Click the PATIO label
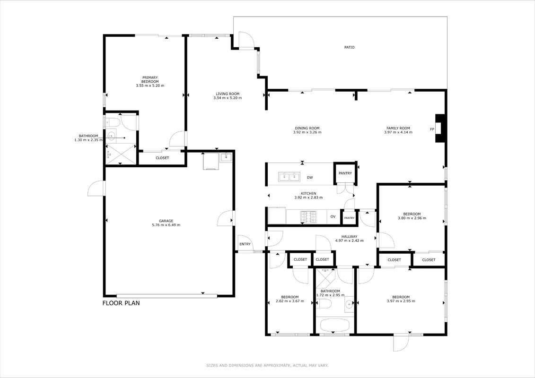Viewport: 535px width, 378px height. click(349, 47)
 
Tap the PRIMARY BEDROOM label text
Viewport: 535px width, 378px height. click(150, 80)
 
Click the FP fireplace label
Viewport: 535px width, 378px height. click(432, 129)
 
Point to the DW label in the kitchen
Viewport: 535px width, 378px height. click(310, 178)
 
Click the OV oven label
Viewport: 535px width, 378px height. click(333, 217)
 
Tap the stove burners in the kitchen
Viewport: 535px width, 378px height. click(308, 217)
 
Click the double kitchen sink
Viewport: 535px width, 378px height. click(289, 177)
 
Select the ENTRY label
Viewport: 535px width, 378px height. click(245, 244)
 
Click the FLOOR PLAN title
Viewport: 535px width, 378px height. click(121, 303)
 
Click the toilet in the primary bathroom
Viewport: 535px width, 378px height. click(112, 122)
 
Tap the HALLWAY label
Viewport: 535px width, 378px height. click(349, 237)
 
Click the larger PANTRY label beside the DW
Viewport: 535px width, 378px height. click(345, 173)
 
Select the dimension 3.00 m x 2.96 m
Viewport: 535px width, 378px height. click(412, 218)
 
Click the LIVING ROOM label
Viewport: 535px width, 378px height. click(227, 94)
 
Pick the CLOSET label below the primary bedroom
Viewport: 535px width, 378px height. click(162, 158)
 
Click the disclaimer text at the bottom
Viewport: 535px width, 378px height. click(267, 365)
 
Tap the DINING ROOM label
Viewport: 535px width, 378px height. click(307, 128)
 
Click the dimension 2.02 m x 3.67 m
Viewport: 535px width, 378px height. click(289, 301)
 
